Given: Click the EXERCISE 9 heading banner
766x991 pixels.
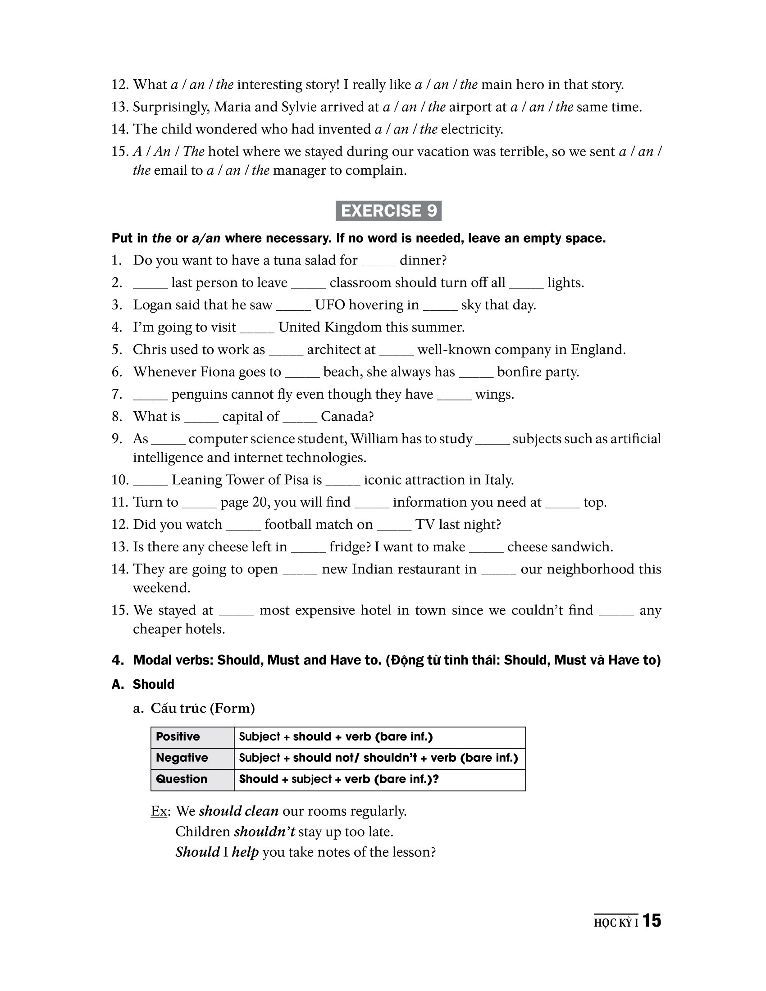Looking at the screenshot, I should coord(388,211).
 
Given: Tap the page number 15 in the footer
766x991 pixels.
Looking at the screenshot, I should coord(652,921).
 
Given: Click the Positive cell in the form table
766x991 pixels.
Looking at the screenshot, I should coord(178,736).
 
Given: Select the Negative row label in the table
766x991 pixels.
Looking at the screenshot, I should coord(182,758).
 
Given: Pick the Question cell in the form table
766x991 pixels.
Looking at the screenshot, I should coord(182,779).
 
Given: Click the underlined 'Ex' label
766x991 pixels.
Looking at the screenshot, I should coord(159,811).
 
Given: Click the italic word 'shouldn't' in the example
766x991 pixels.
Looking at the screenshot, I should coord(264,832).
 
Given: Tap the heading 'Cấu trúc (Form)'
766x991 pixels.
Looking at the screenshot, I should coord(202,708).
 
